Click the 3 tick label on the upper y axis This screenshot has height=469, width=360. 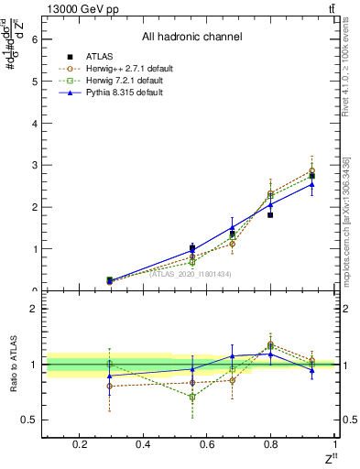(x=33, y=166)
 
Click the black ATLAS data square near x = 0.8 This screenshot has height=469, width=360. (x=270, y=214)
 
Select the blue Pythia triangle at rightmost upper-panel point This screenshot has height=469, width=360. (x=312, y=184)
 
